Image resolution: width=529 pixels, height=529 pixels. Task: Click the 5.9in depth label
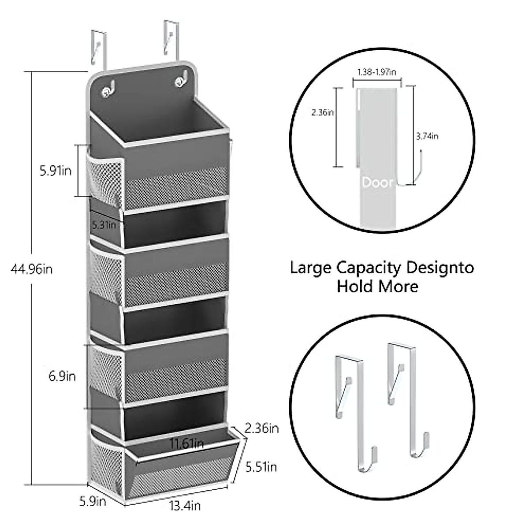[x=93, y=501]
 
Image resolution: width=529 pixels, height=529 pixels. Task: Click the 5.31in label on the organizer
[x=104, y=225]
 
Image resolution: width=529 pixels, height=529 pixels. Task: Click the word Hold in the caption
[x=355, y=287]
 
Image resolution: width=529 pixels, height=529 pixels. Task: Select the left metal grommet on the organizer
[x=107, y=91]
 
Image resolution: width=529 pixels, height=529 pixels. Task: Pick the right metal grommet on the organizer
[x=180, y=82]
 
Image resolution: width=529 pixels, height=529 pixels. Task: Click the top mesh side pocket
[x=104, y=179]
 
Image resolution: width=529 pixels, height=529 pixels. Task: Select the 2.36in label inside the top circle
[x=322, y=113]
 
